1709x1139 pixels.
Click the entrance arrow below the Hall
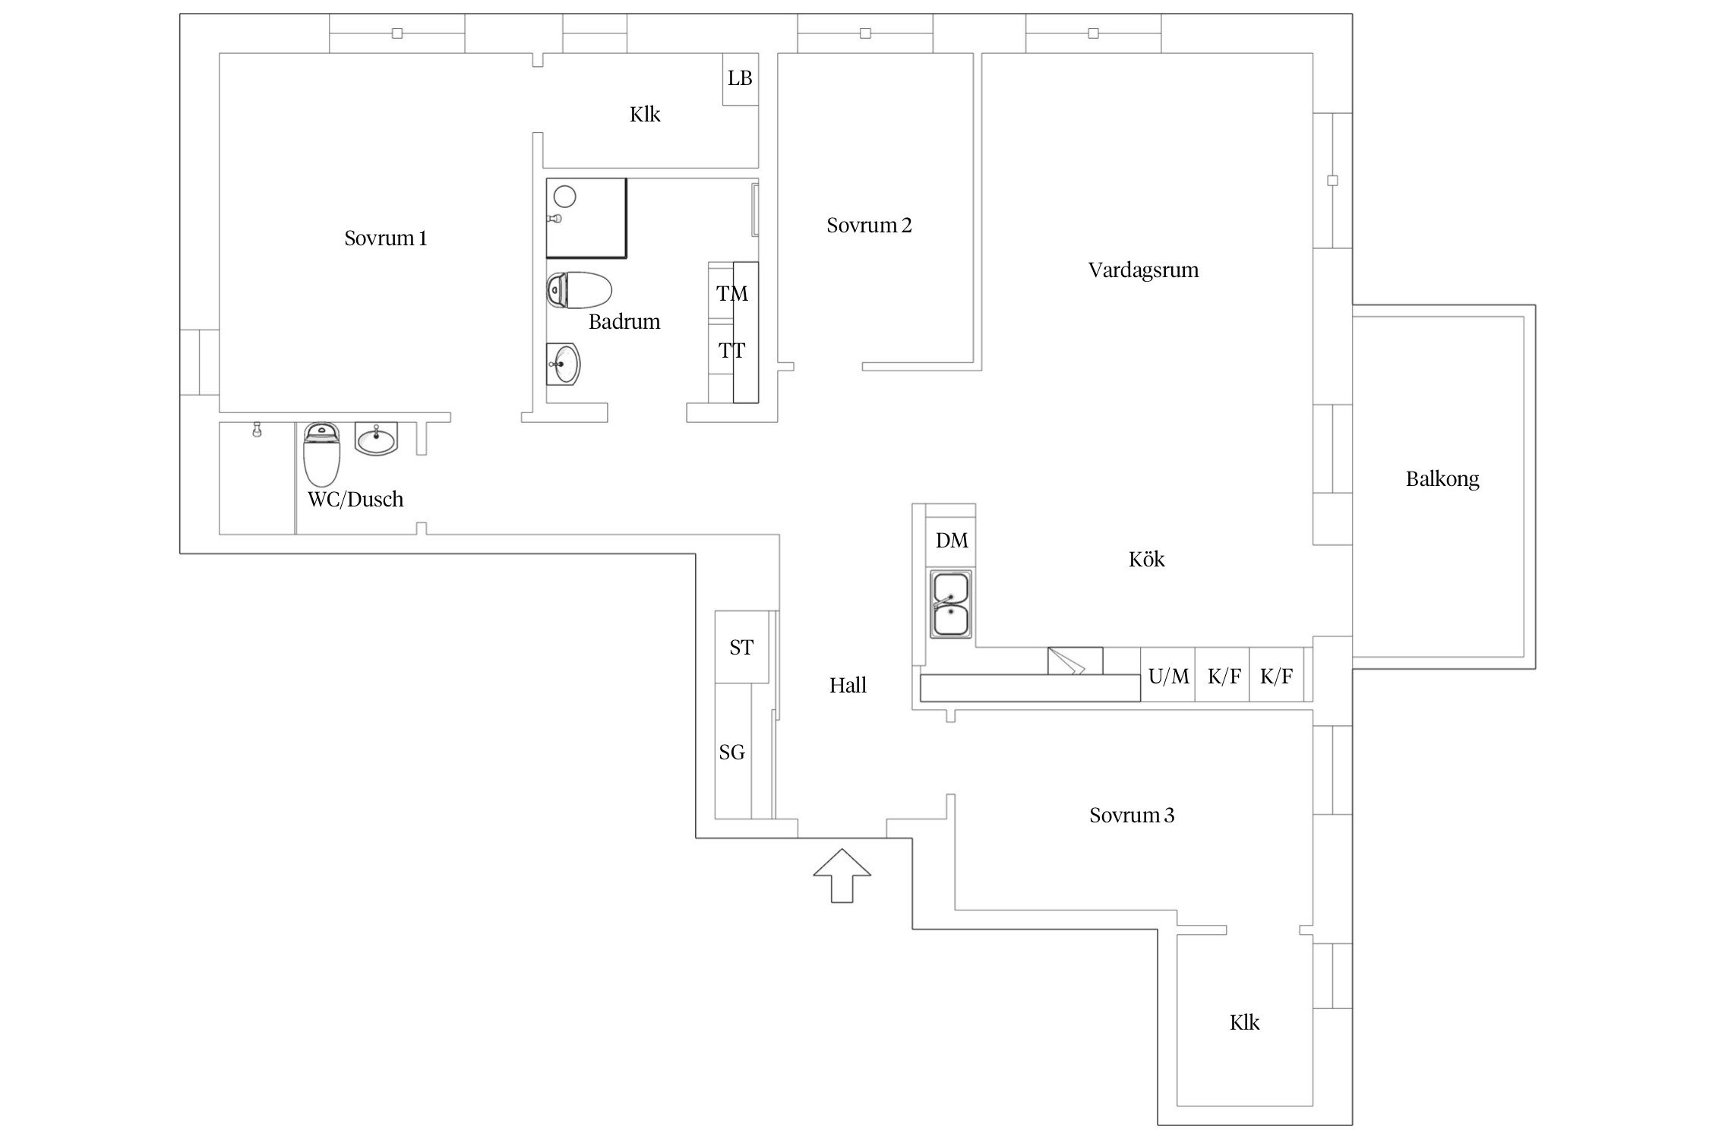[842, 876]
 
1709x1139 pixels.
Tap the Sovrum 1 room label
[385, 238]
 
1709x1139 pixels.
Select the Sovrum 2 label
[869, 226]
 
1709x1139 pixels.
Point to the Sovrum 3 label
[1132, 816]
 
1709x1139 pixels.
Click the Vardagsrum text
[1143, 270]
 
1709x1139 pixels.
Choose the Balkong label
[1442, 479]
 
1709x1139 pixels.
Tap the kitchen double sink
[951, 604]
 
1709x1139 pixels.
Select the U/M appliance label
[1168, 676]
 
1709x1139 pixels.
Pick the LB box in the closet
[740, 79]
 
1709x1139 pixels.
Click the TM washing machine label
[732, 294]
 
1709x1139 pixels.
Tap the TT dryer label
[732, 351]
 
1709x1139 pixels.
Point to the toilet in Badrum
[579, 290]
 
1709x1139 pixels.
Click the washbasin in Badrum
[563, 364]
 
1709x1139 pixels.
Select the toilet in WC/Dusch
[321, 454]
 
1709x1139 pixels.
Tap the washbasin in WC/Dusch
[376, 439]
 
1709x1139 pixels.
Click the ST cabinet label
[741, 648]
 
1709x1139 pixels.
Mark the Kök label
[1146, 560]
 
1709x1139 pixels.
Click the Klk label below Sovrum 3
[1244, 1023]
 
